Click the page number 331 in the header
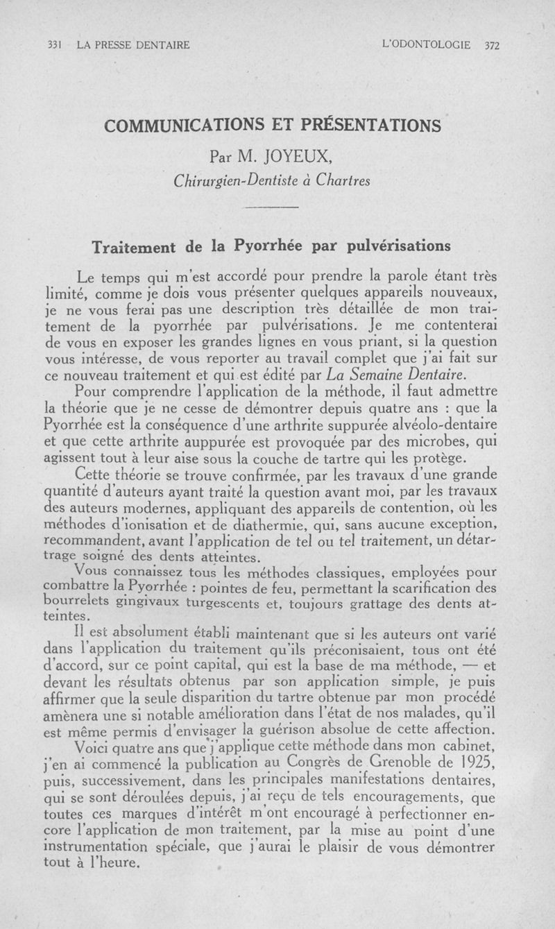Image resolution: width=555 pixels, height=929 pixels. (54, 46)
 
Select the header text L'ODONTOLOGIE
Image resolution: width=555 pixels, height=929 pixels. (426, 46)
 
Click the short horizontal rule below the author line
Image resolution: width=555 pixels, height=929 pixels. (271, 208)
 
